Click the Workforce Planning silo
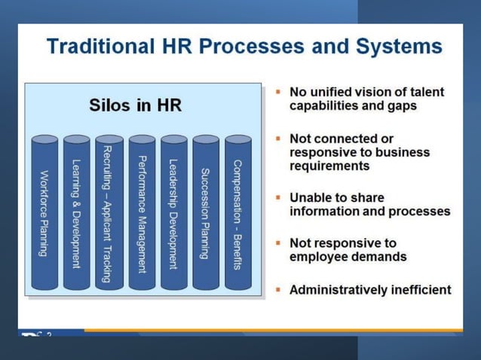[x=45, y=213]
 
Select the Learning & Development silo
[x=77, y=213]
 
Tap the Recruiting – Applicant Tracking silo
[x=109, y=213]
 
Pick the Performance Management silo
[x=142, y=213]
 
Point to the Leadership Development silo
[x=173, y=213]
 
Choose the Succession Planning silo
[x=205, y=213]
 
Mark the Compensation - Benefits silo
[x=237, y=213]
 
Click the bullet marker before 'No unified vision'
[x=277, y=92]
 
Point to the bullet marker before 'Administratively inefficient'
[x=277, y=288]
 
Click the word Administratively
[x=339, y=289]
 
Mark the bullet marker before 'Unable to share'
[x=277, y=197]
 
